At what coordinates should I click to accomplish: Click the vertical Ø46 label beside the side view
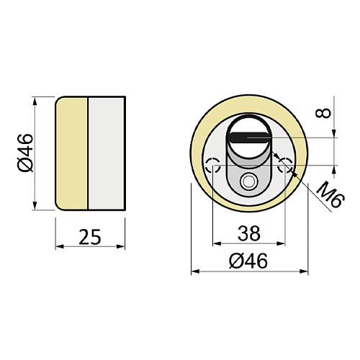pos(24,153)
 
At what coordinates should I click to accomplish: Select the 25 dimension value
pos(90,235)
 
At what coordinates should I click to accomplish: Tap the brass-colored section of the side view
pos(72,153)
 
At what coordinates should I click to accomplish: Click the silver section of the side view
pos(107,153)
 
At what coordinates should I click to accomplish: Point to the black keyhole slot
pos(249,135)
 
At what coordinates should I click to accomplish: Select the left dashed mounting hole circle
pos(212,165)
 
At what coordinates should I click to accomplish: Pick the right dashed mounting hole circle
pos(285,165)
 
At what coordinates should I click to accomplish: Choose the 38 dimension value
pos(249,233)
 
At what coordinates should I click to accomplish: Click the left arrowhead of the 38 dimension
pos(216,246)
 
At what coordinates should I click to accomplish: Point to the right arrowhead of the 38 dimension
pos(282,246)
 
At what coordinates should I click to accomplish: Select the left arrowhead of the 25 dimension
pos(59,247)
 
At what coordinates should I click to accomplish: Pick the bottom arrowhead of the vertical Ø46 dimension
pos(35,207)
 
